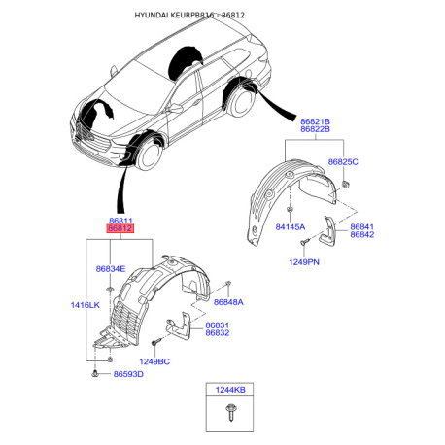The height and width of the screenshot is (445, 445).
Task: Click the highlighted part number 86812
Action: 120,228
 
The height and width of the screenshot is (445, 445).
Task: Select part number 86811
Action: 120,221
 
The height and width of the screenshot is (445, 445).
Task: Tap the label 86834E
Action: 111,269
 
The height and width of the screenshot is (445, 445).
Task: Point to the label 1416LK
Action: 86,305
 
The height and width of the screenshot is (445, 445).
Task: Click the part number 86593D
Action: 128,374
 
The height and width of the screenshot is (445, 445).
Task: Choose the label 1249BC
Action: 154,361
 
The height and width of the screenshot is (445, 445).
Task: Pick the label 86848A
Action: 228,302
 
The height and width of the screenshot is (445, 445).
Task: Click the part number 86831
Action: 218,325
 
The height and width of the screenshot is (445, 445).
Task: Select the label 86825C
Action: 343,162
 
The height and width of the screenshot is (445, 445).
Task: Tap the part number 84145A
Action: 291,227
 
